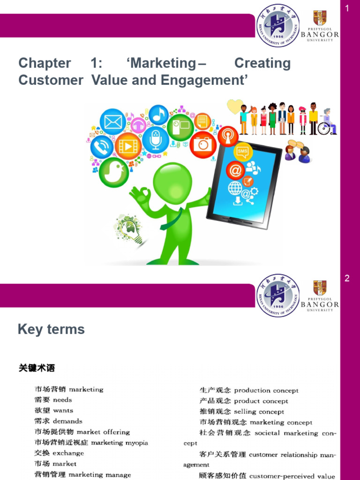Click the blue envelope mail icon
coord(113,122)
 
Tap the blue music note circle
coord(159,115)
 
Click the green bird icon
coord(114,171)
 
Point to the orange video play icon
coord(128,146)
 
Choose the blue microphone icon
coord(155,140)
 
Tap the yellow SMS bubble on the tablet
coord(243,152)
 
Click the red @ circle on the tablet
coord(235,171)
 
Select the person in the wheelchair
coord(327,123)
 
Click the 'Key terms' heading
coord(51,330)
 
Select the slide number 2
coord(347,278)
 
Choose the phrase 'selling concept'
coord(259,412)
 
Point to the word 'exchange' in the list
coord(68,453)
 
